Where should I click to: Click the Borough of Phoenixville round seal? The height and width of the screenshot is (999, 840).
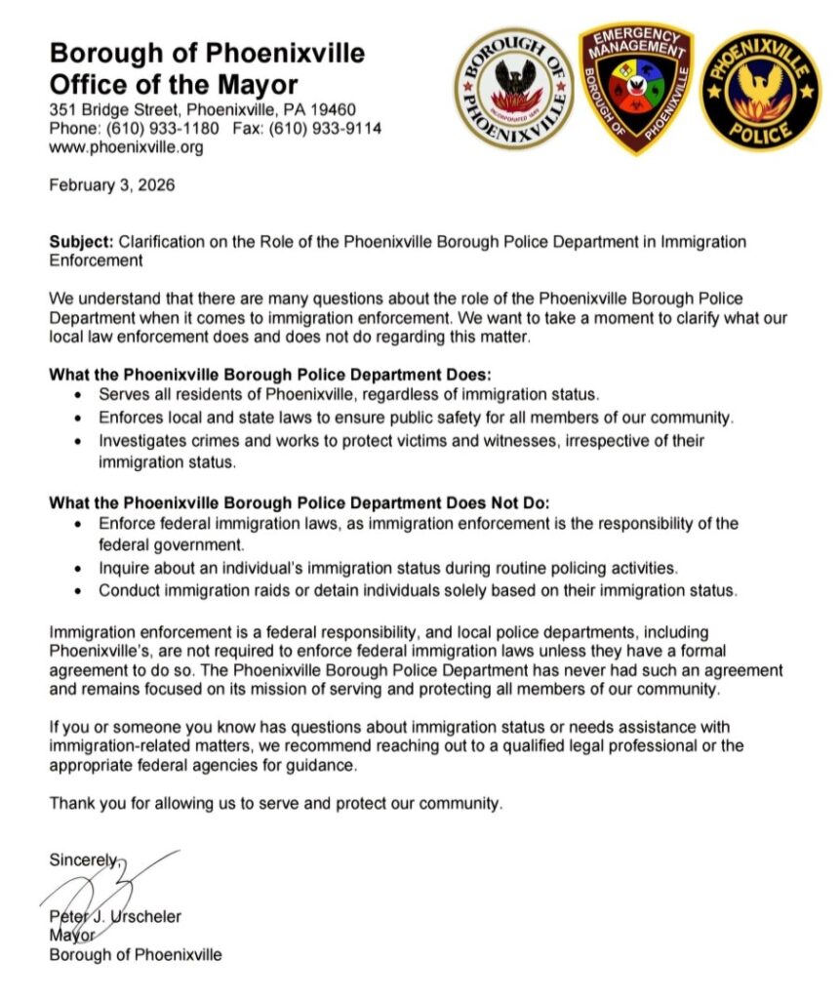(x=515, y=89)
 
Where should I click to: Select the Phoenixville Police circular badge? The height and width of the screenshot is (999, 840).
(x=760, y=91)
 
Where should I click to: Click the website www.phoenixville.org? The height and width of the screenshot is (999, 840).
(x=126, y=147)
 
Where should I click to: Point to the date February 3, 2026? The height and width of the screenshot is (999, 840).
(x=112, y=185)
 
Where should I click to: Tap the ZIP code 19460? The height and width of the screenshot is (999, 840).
(x=335, y=109)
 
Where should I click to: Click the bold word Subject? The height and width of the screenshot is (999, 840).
(x=80, y=242)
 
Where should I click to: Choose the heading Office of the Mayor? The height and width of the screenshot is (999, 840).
(x=174, y=83)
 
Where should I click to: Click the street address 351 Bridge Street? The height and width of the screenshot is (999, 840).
(x=113, y=109)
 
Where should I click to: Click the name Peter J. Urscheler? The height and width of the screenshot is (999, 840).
(x=115, y=916)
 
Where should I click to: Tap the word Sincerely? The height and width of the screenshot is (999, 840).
(x=84, y=859)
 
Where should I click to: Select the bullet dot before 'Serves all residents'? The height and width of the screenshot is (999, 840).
(x=79, y=396)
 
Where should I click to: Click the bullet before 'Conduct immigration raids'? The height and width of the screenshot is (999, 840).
(x=79, y=591)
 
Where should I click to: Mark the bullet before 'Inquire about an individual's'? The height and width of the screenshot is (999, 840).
(x=79, y=568)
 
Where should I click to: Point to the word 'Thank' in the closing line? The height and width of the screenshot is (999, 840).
(x=70, y=804)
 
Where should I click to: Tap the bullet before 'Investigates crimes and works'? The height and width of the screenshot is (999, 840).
(x=79, y=442)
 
